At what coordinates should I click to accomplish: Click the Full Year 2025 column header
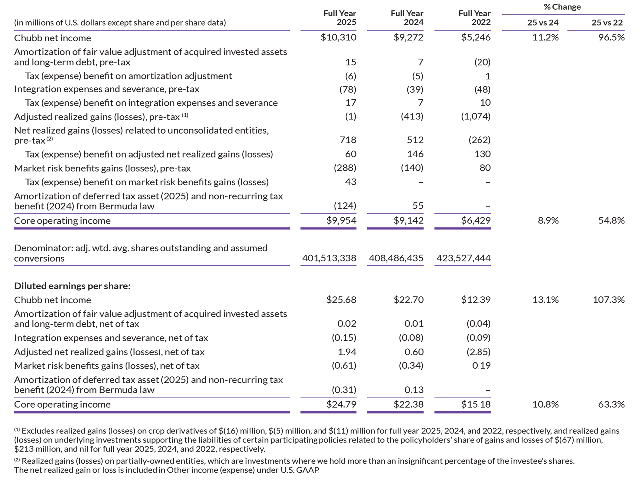[x=340, y=18]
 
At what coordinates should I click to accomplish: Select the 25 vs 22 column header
[x=607, y=23]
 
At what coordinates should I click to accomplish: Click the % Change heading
[x=562, y=7]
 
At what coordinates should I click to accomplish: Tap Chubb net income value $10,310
[x=338, y=38]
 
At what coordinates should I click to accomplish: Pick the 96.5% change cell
[x=611, y=38]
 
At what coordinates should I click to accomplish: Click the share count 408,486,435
[x=396, y=258]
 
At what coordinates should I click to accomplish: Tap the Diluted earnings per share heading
[x=72, y=286]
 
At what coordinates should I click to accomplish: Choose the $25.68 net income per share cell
[x=341, y=300]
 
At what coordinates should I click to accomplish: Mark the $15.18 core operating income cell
[x=476, y=405]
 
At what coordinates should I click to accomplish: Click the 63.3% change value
[x=611, y=405]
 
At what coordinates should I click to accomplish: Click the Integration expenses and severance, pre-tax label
[x=107, y=89]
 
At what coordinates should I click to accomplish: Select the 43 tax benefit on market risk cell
[x=351, y=182]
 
